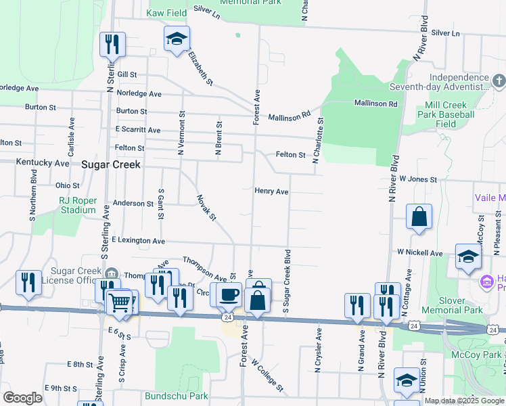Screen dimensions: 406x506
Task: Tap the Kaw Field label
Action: tap(166, 13)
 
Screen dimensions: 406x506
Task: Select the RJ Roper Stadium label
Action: tap(78, 205)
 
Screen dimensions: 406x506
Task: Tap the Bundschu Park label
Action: tap(176, 395)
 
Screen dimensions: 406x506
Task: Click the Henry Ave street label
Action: tap(271, 191)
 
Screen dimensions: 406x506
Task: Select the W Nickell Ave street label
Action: tap(419, 252)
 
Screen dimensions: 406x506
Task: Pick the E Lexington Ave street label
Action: tap(139, 241)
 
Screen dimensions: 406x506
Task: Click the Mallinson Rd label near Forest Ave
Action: tap(289, 116)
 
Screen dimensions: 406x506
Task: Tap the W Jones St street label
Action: tap(418, 179)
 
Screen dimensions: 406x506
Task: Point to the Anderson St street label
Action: tap(133, 203)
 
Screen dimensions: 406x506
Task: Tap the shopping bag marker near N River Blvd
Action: tap(419, 217)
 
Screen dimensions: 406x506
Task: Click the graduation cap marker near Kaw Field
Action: tap(177, 39)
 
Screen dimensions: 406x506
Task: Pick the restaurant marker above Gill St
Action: tap(112, 45)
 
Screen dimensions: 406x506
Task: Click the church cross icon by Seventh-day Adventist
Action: tap(498, 82)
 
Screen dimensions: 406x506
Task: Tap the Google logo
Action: tap(22, 398)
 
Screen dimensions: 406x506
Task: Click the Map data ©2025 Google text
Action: tap(464, 401)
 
